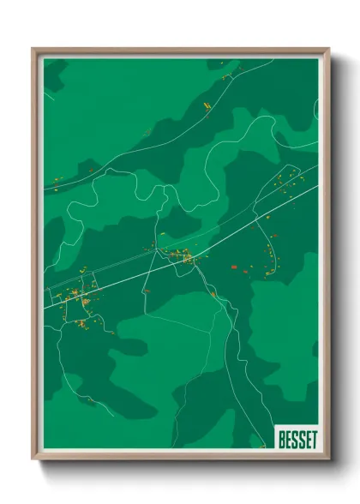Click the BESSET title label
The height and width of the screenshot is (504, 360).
297,440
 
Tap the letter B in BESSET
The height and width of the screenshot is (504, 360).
281,440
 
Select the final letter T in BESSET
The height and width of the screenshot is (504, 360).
313,440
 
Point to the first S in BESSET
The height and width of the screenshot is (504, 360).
294,440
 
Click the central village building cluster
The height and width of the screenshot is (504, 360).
182,255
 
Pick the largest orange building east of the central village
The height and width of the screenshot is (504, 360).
234,267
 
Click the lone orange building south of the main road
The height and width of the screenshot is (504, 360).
147,291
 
